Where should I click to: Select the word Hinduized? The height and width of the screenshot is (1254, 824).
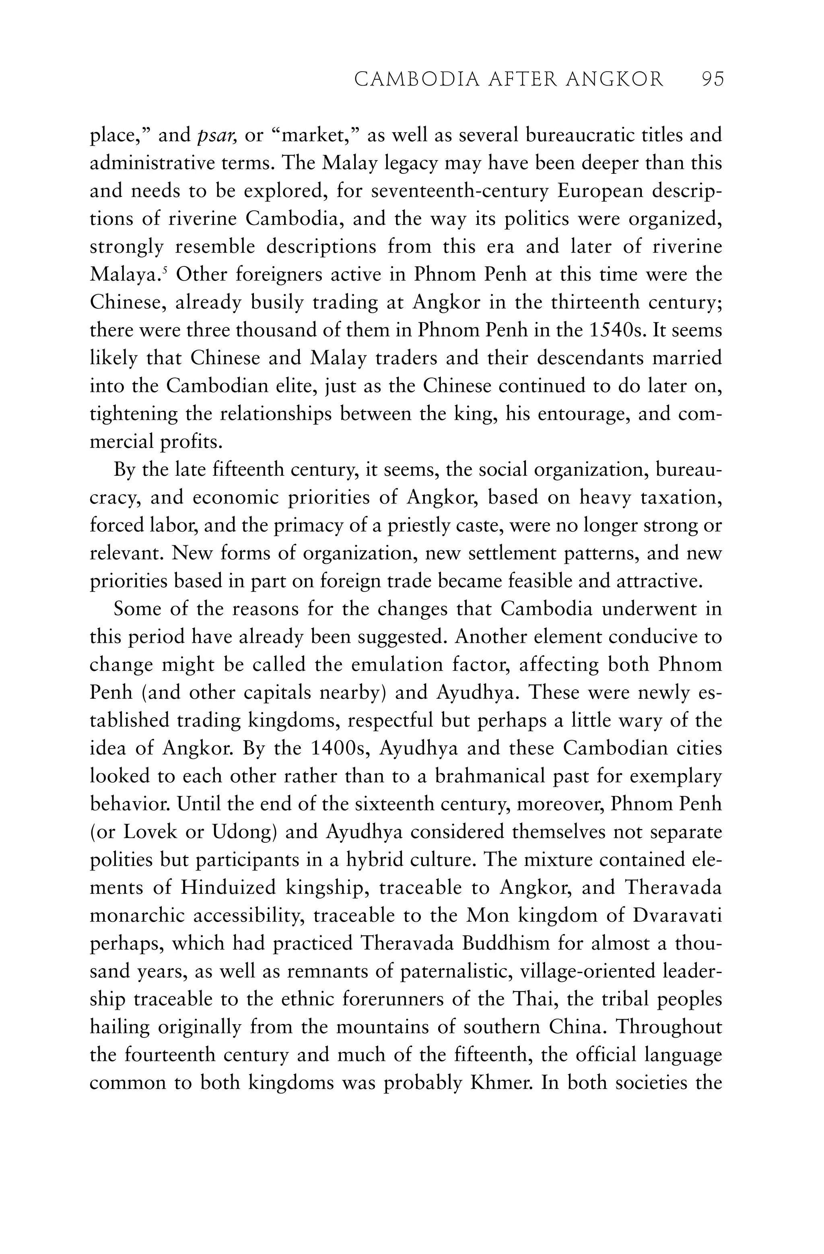228,888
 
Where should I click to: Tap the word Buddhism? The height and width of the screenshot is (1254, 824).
506,944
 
